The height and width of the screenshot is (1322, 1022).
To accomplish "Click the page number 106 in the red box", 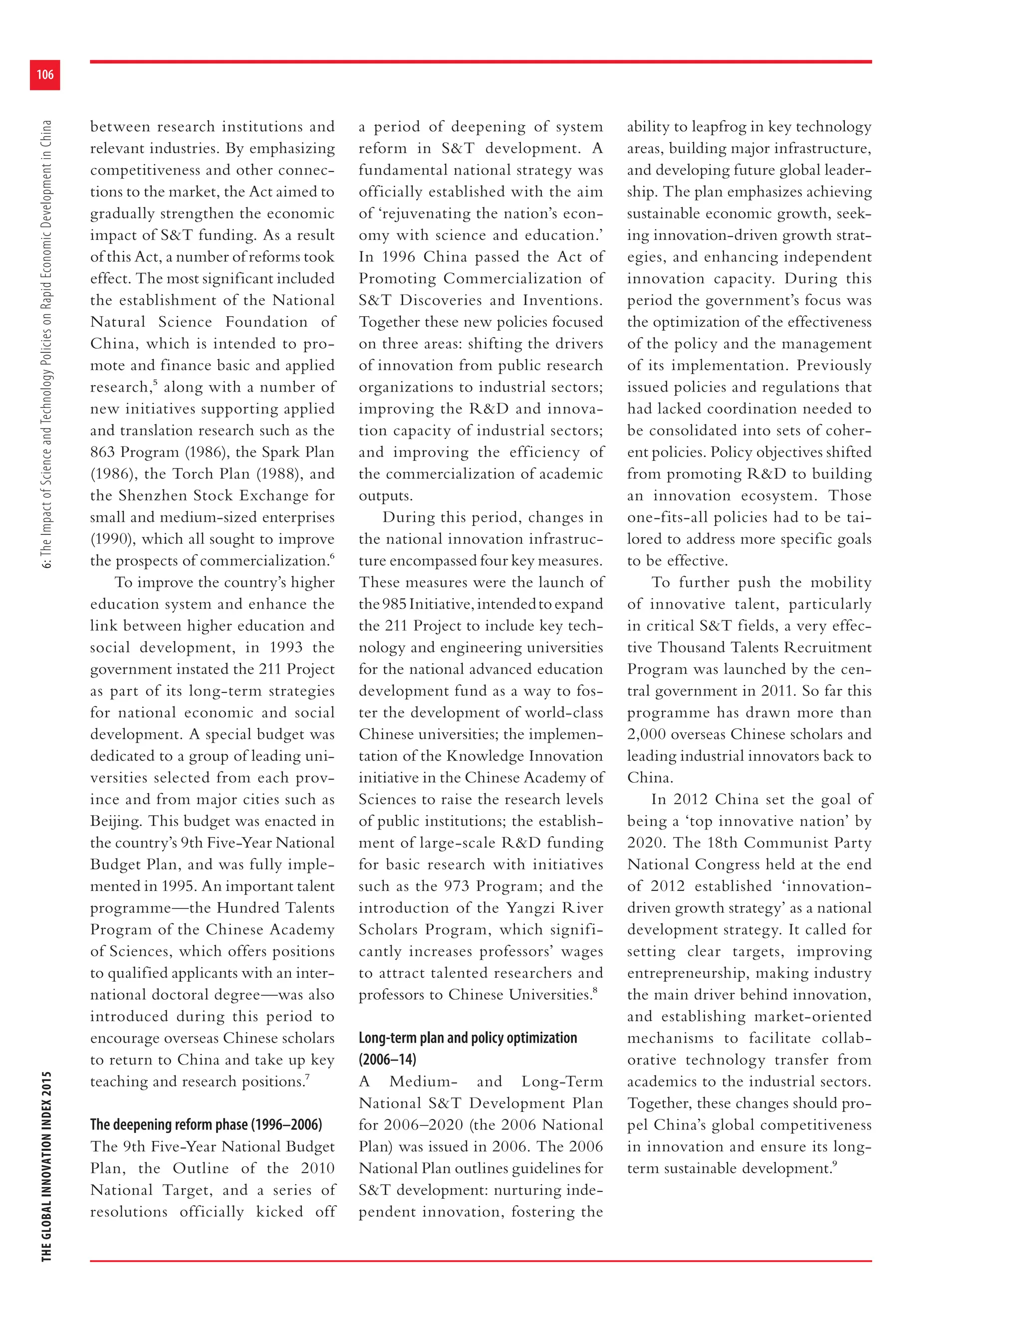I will pyautogui.click(x=45, y=74).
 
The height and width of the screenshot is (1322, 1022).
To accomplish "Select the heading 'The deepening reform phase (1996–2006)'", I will pyautogui.click(x=206, y=1124).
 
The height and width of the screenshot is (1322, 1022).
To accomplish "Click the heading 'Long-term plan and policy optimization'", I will pyautogui.click(x=468, y=1038).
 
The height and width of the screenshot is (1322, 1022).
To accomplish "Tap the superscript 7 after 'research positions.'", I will pyautogui.click(x=307, y=1077).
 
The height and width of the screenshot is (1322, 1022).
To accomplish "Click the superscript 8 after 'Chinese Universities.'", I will pyautogui.click(x=595, y=990).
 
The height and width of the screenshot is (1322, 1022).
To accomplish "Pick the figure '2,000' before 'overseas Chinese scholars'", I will pyautogui.click(x=646, y=734).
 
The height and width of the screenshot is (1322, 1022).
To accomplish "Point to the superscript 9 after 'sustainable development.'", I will pyautogui.click(x=835, y=1163).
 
